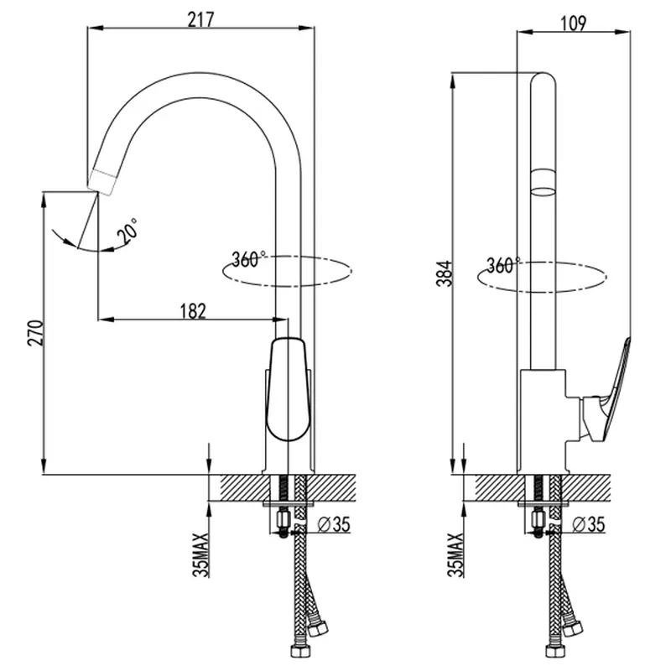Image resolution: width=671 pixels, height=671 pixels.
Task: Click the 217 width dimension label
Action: (x=200, y=19)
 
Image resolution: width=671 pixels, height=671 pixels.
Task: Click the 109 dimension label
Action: (x=573, y=23)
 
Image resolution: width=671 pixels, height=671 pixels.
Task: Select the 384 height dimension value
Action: (x=445, y=273)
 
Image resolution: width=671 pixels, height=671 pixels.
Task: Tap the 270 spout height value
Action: (x=35, y=332)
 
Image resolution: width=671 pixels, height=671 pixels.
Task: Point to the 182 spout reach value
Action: (x=193, y=311)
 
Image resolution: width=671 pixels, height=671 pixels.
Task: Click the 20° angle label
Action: (x=128, y=231)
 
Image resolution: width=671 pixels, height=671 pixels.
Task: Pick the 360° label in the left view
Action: (x=248, y=259)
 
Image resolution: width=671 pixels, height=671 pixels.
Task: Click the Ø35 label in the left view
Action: (x=333, y=524)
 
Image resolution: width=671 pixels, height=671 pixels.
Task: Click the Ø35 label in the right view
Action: (x=589, y=524)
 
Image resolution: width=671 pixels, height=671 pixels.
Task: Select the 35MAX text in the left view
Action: (x=200, y=555)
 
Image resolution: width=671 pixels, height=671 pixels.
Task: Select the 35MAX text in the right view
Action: (x=455, y=555)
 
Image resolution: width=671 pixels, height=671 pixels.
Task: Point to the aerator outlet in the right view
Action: (x=543, y=183)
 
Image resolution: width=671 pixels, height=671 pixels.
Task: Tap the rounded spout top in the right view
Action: (x=543, y=79)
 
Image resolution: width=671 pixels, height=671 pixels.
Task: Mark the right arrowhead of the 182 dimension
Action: (x=280, y=320)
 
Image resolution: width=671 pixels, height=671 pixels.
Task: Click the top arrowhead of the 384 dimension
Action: (x=453, y=81)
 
